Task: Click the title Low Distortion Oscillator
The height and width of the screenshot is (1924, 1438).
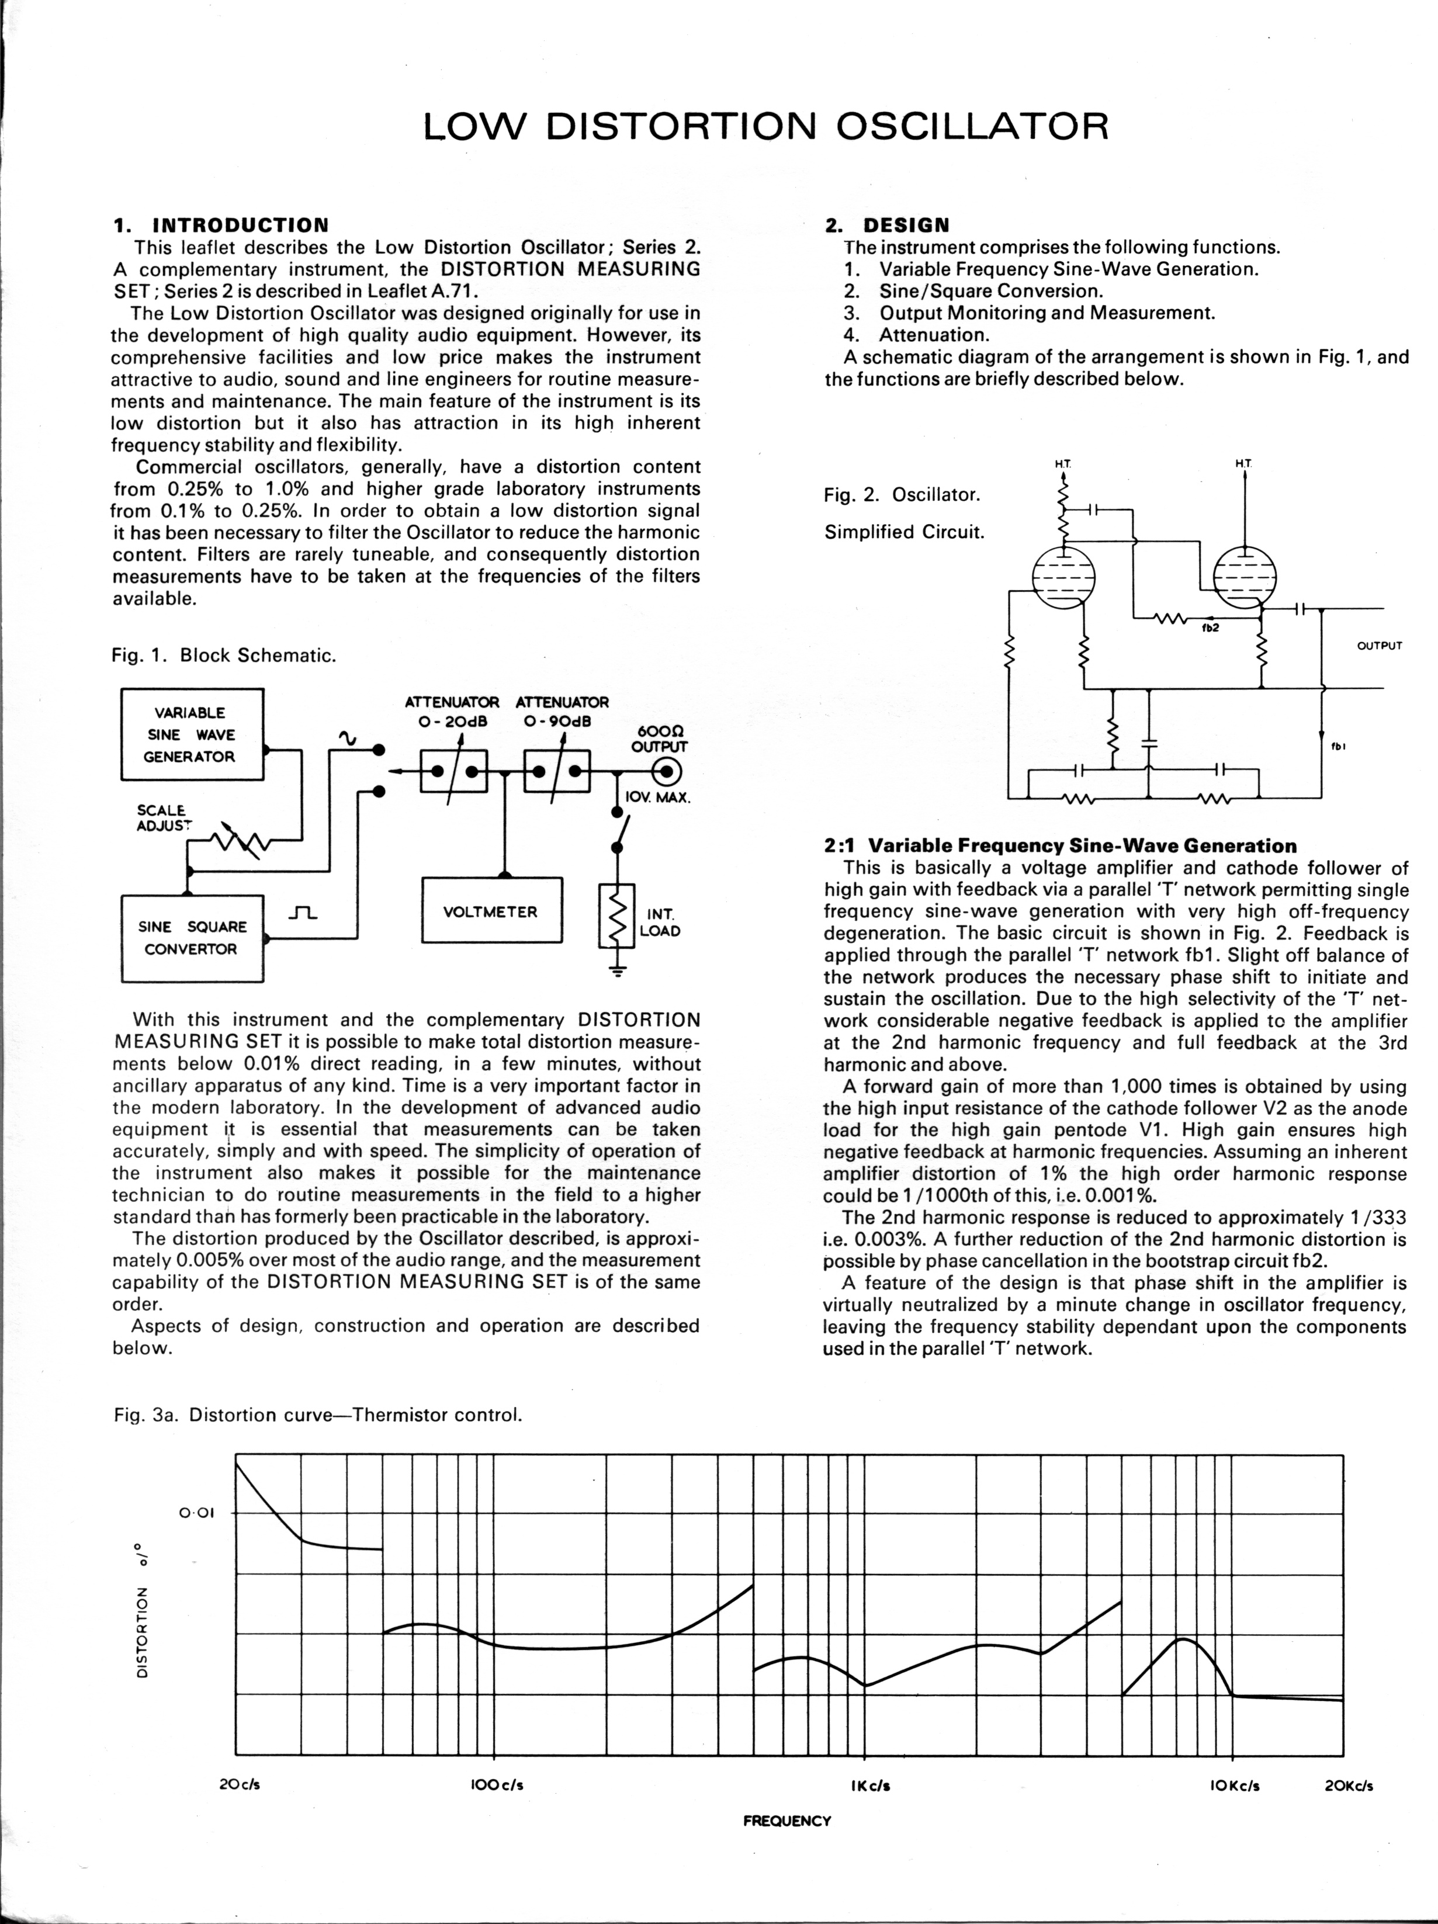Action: (x=765, y=127)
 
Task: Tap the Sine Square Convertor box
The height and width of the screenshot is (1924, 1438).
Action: (x=192, y=938)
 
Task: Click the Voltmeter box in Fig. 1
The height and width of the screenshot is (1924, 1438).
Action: (x=491, y=911)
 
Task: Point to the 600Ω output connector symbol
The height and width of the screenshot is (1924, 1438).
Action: (x=667, y=771)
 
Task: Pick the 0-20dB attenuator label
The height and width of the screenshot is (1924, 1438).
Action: (x=452, y=712)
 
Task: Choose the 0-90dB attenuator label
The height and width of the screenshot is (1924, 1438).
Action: (x=562, y=712)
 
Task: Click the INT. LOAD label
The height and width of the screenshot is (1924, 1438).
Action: (x=660, y=923)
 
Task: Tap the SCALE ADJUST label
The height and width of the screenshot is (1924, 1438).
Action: (x=164, y=817)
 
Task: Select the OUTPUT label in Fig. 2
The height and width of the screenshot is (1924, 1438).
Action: (x=1380, y=646)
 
